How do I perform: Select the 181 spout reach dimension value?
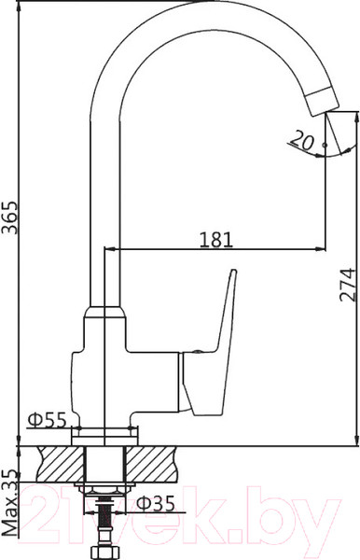click(x=216, y=239)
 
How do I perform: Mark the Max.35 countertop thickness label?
click(x=11, y=503)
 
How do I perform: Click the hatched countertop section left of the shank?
click(x=60, y=459)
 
